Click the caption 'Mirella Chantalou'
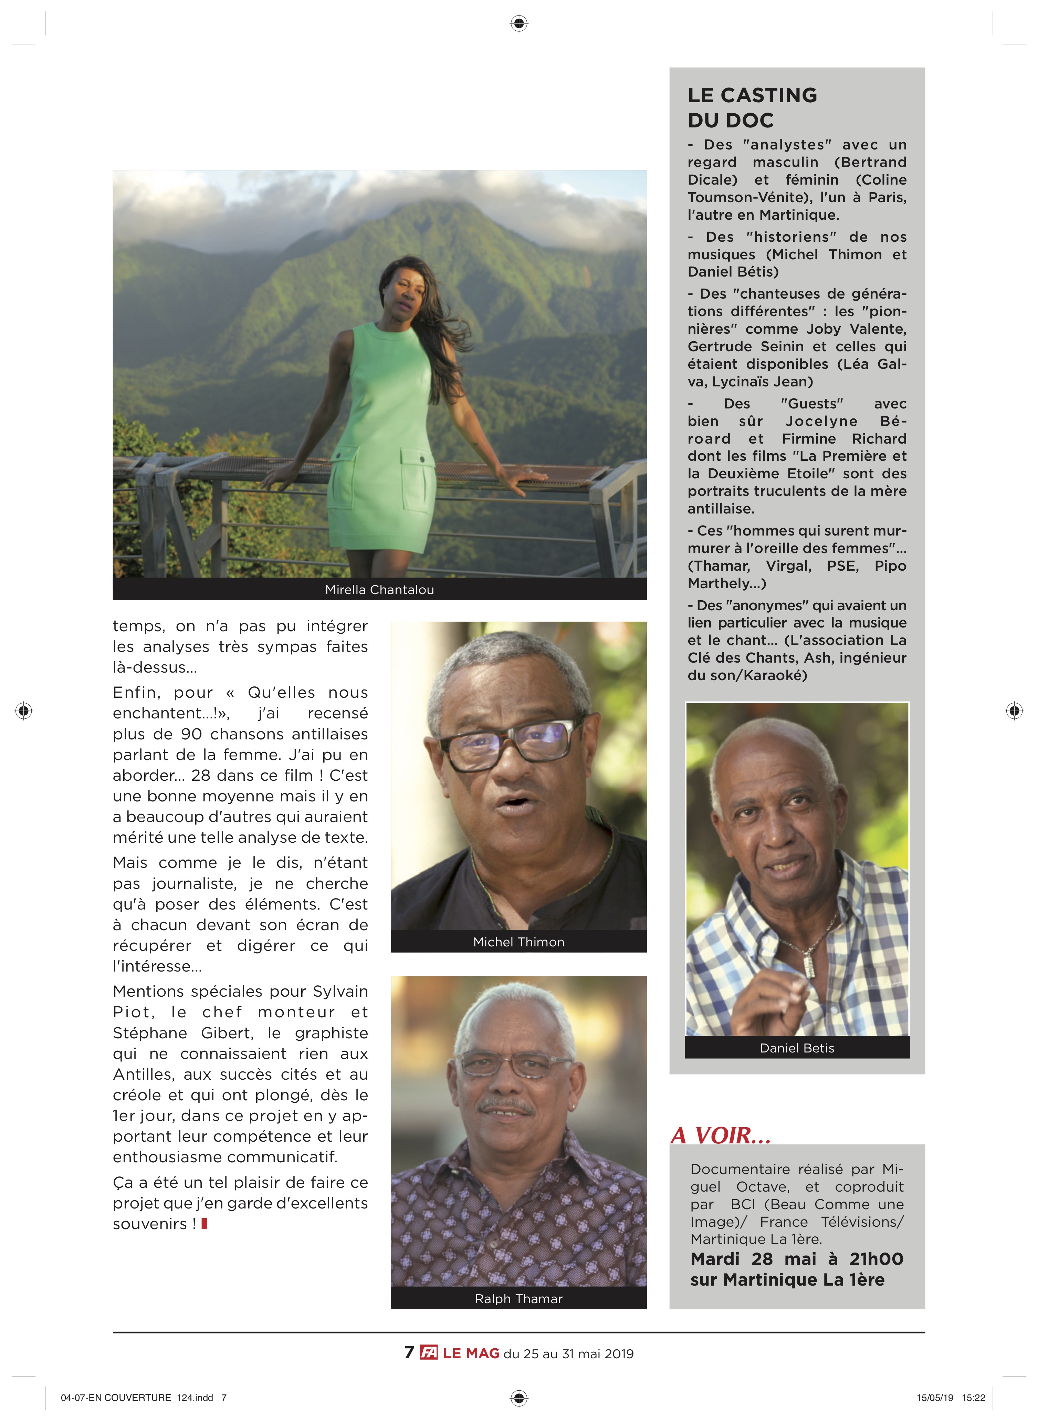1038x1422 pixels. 379,589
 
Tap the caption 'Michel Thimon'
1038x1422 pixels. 518,941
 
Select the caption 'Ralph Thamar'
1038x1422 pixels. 518,1298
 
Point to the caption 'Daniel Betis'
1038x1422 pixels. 797,1048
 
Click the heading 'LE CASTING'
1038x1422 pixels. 752,95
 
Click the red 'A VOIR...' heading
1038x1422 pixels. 721,1135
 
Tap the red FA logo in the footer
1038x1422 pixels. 429,1353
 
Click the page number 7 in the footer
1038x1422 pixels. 409,1353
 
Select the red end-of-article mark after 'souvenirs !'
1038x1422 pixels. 204,1223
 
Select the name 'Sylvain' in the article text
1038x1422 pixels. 340,991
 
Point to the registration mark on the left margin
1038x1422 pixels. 24,711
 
